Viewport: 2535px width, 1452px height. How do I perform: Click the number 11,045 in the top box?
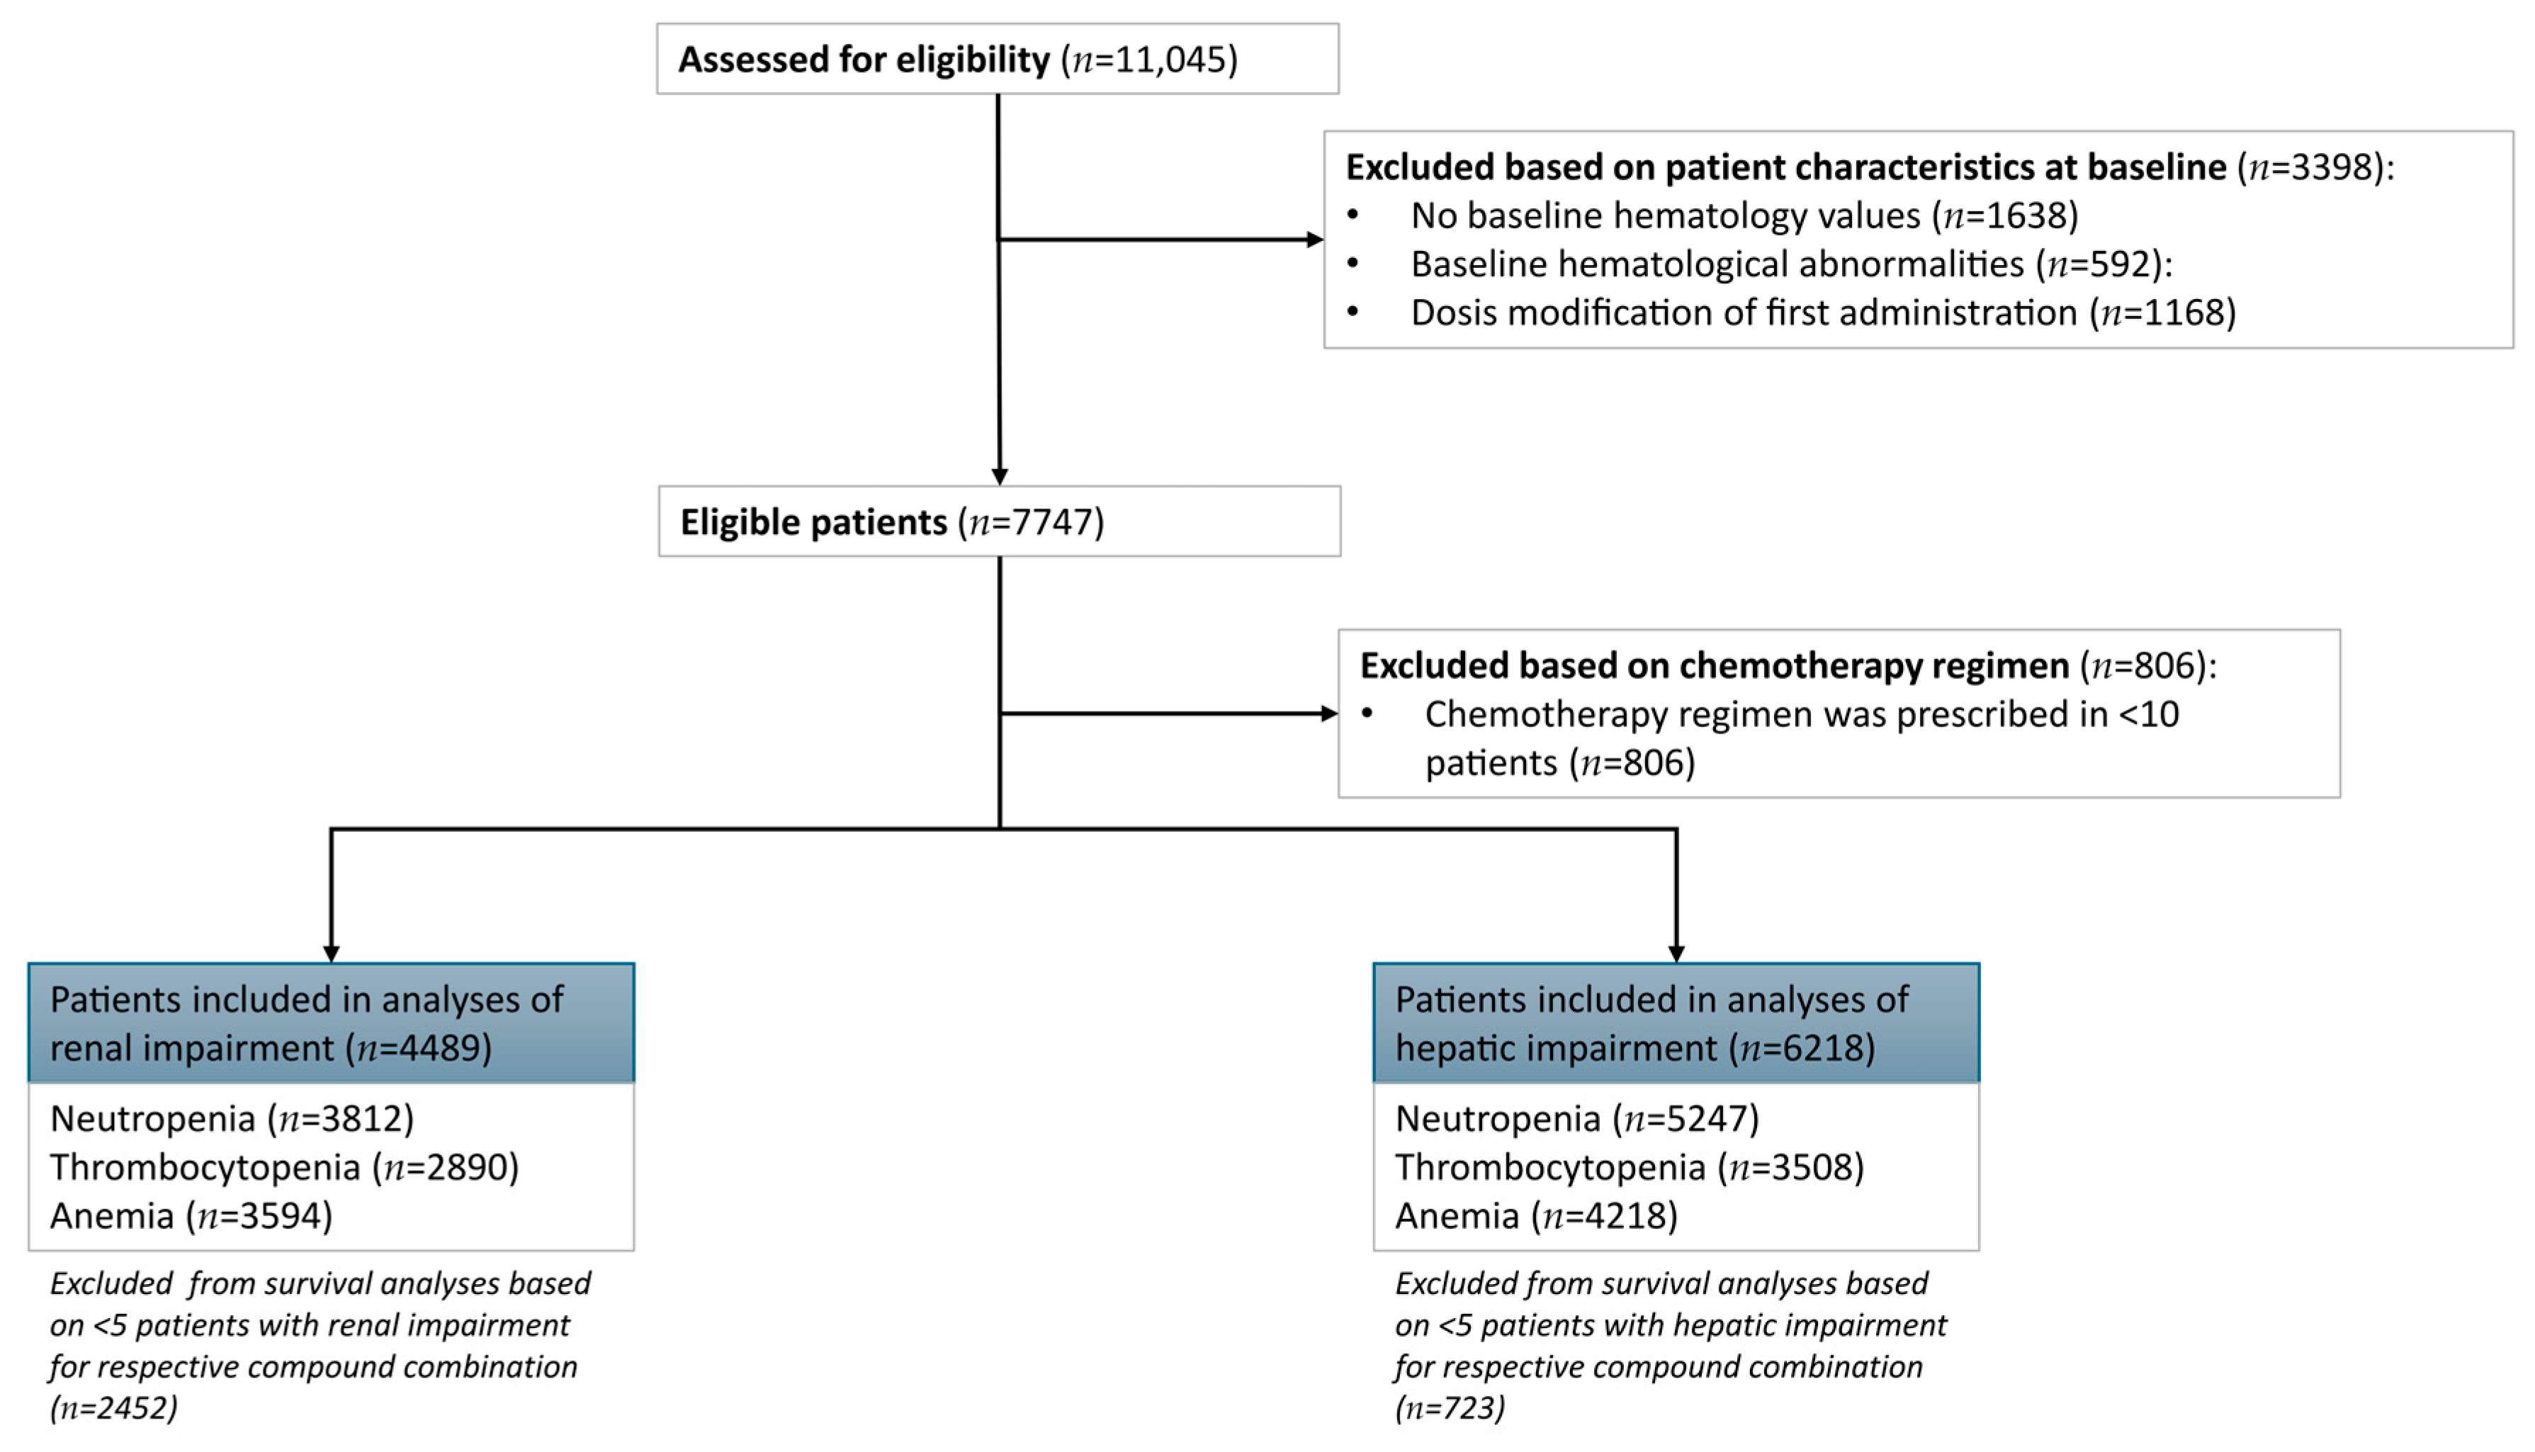pyautogui.click(x=1174, y=60)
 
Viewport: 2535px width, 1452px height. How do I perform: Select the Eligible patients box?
pyautogui.click(x=999, y=522)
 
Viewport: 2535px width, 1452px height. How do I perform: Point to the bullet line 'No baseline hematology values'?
pyautogui.click(x=1744, y=215)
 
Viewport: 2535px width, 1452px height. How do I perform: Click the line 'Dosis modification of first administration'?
pyautogui.click(x=1822, y=313)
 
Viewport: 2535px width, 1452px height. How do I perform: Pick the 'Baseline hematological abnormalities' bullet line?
pyautogui.click(x=1790, y=264)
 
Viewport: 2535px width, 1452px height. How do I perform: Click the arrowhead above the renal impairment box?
pyautogui.click(x=331, y=952)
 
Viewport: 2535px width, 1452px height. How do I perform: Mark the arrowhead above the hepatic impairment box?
pyautogui.click(x=1676, y=952)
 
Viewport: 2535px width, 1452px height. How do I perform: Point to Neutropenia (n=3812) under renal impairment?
pyautogui.click(x=231, y=1119)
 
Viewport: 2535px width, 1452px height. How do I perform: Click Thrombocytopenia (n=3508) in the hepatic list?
pyautogui.click(x=1629, y=1168)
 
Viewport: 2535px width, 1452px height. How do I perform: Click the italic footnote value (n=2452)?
pyautogui.click(x=113, y=1408)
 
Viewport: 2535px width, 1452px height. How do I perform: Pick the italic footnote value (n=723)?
pyautogui.click(x=1450, y=1408)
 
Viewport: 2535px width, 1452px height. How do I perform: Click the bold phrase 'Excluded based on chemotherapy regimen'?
pyautogui.click(x=1714, y=666)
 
